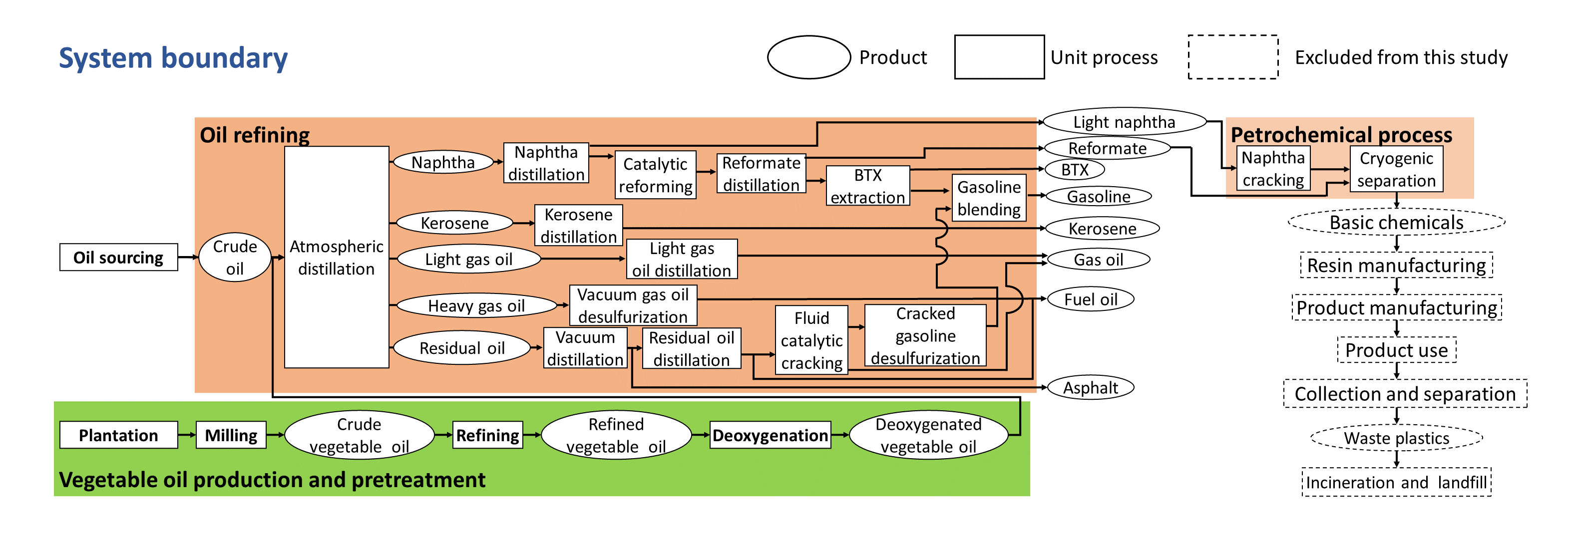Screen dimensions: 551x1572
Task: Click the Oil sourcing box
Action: (118, 257)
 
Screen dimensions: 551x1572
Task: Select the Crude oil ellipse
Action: (235, 257)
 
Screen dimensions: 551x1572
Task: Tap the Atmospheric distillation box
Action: (336, 257)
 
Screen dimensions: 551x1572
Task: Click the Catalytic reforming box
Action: (655, 175)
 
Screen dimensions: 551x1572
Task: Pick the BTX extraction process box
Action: (867, 186)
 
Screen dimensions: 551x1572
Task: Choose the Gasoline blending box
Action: (989, 198)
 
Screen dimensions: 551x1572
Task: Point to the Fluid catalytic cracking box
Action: (811, 340)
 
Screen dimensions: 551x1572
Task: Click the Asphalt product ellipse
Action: (1091, 387)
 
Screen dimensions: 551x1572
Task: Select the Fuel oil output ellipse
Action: (1091, 299)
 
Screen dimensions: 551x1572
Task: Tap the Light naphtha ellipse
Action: (1124, 122)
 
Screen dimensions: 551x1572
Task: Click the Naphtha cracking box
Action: (1273, 169)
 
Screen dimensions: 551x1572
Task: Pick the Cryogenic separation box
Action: (1396, 169)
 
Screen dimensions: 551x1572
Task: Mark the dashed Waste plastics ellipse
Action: (1396, 438)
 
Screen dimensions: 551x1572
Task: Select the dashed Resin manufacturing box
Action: (1396, 266)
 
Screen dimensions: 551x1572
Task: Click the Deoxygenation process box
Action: (770, 435)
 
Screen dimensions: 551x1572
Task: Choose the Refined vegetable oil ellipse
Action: (616, 435)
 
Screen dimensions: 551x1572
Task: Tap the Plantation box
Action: (118, 435)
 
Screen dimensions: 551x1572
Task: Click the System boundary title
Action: (173, 58)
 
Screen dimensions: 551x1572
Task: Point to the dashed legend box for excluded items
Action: (1233, 57)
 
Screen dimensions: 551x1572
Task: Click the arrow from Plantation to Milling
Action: (187, 435)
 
